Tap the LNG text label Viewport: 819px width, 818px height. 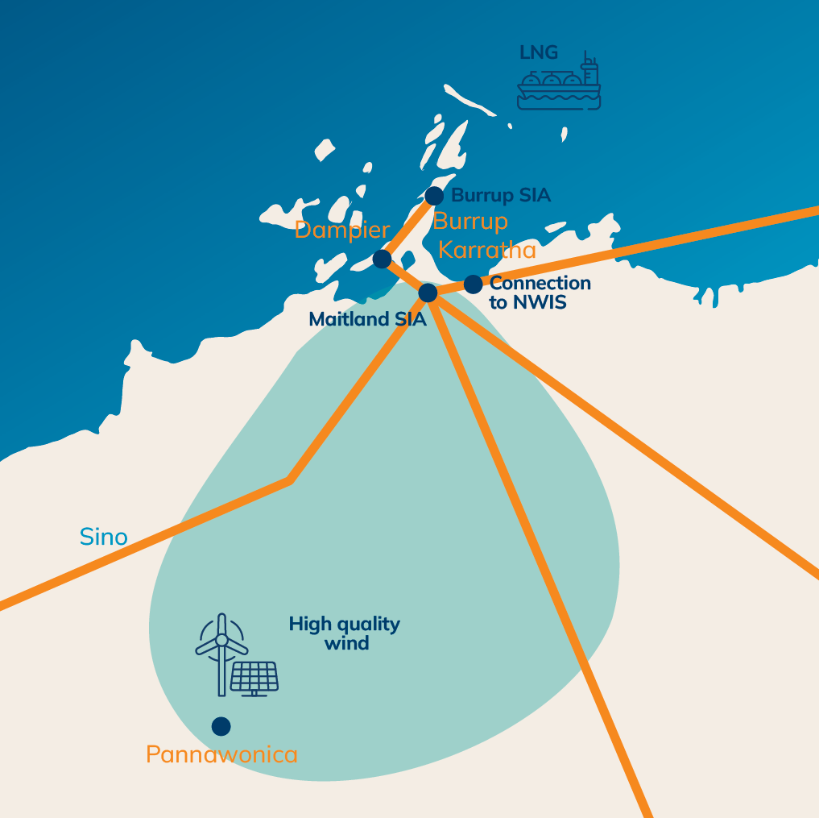539,53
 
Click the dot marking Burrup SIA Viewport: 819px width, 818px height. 434,196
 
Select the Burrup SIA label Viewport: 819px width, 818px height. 501,196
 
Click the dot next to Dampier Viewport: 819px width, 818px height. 383,259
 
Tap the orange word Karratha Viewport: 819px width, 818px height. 487,250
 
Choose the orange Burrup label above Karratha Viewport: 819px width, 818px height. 470,222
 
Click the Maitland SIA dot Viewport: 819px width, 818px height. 428,292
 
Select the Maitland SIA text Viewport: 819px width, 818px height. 367,319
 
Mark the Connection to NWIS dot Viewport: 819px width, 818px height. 473,284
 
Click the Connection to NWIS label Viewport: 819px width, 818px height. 540,293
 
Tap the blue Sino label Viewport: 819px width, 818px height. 104,537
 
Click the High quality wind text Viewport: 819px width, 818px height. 345,633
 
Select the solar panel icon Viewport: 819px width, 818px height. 254,678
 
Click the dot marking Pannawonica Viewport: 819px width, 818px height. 221,726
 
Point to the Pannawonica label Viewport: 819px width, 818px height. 221,755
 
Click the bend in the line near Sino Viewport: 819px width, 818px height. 289,481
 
